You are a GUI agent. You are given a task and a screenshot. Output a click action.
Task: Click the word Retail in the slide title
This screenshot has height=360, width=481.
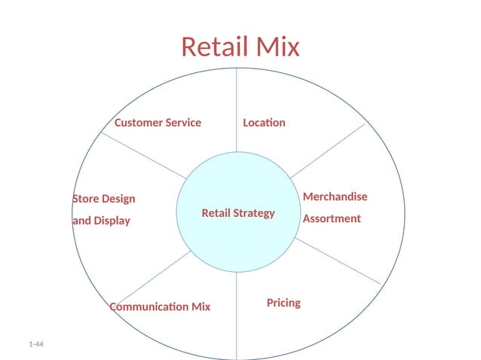(x=211, y=47)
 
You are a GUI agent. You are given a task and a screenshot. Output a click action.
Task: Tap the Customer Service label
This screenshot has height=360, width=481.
(x=158, y=122)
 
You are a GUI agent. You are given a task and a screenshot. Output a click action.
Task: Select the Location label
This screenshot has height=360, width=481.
(x=264, y=122)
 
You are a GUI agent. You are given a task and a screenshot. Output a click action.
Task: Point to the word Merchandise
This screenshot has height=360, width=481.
(x=335, y=197)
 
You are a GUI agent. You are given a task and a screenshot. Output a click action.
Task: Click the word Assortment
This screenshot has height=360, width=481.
(x=332, y=218)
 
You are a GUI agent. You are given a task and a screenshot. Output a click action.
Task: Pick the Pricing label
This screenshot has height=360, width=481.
(x=283, y=303)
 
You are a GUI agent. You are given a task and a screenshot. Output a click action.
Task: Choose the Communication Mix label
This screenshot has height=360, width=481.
(x=160, y=307)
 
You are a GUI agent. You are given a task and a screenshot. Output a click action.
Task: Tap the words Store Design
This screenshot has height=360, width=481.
(x=104, y=199)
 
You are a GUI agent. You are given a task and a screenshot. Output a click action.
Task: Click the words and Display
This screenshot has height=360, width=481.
(x=101, y=221)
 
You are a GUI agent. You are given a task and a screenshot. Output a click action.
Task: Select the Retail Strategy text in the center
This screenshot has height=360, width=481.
(x=238, y=213)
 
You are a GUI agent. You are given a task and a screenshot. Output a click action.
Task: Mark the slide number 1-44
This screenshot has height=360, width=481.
(x=36, y=344)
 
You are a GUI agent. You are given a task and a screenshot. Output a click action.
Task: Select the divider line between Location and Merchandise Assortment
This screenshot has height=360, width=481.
(x=328, y=151)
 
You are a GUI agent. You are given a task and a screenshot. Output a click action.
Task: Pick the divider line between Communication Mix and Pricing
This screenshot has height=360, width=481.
(x=237, y=316)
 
